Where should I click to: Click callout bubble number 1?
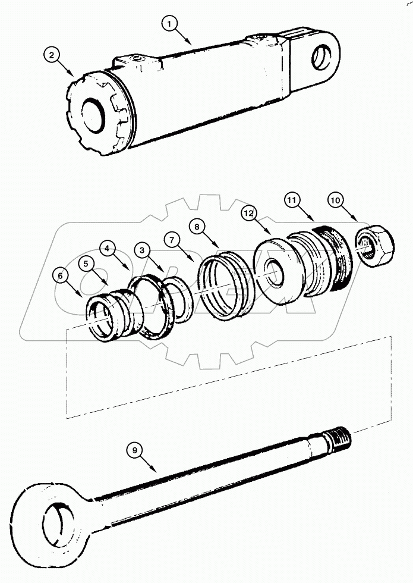(170, 24)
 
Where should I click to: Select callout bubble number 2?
(52, 56)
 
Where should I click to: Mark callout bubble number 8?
(197, 227)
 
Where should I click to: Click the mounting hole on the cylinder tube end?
(320, 56)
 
